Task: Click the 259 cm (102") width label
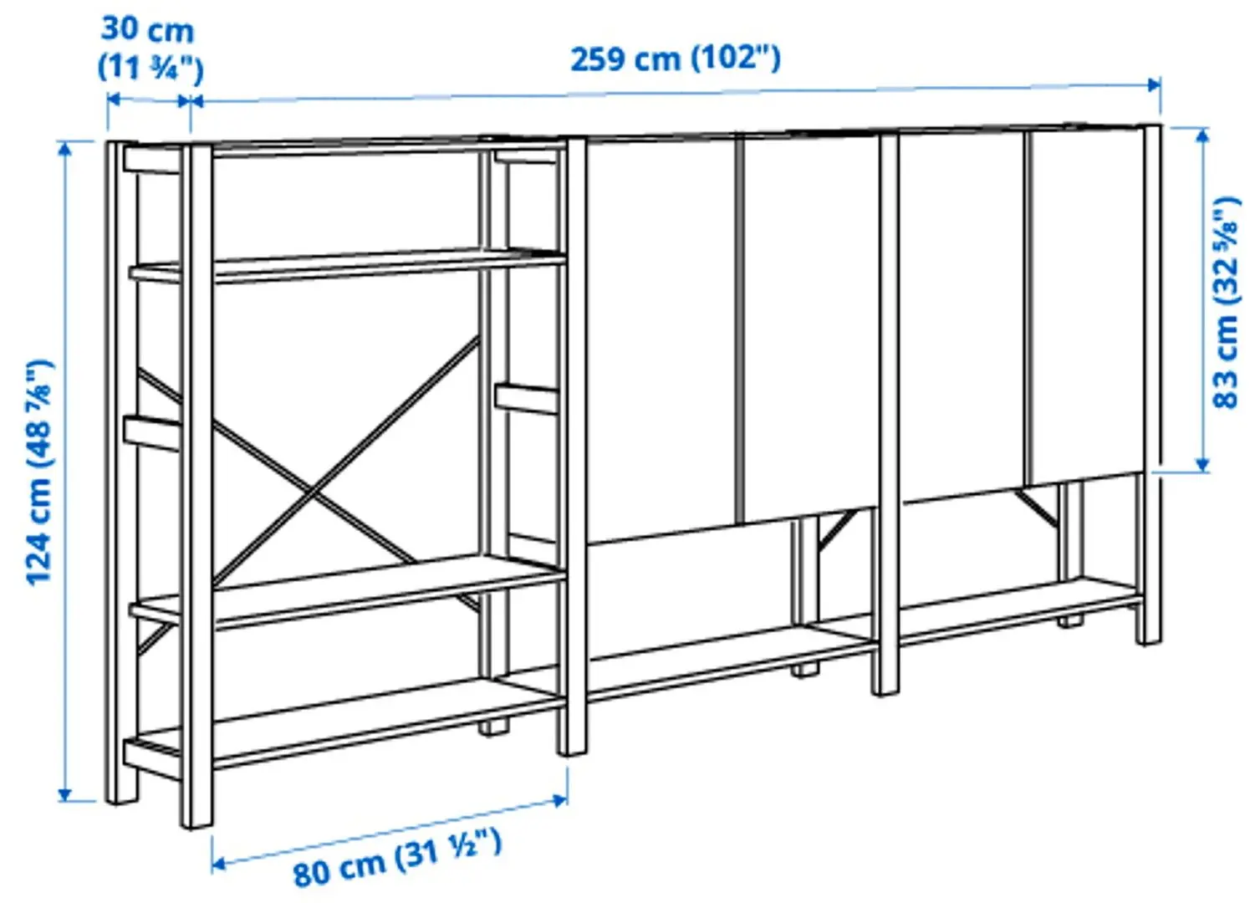tap(675, 59)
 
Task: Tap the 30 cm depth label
tap(148, 30)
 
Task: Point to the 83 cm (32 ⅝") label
tap(1225, 303)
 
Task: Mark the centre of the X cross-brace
tap(314, 493)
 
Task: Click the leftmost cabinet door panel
tap(661, 334)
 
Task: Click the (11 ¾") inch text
tap(150, 67)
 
